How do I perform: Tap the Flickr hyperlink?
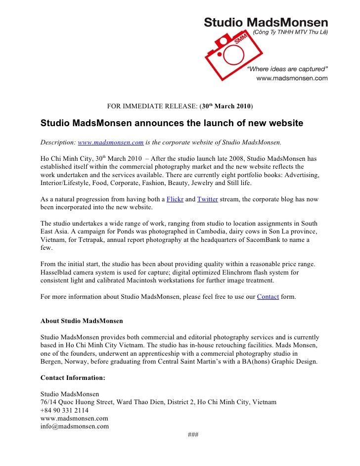pos(175,199)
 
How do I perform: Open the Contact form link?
pos(268,297)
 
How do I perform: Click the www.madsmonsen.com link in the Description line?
pos(111,142)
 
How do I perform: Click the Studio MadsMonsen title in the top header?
pos(266,22)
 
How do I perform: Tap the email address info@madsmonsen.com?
pos(74,426)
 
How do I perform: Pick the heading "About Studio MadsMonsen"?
pos(82,321)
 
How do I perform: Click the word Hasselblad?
pos(58,272)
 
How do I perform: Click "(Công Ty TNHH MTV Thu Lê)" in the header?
pos(290,32)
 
